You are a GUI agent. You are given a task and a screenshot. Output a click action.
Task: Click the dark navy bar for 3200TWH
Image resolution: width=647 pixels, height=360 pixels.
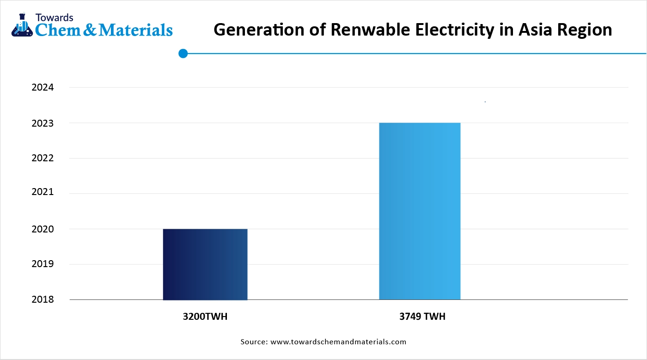tap(205, 264)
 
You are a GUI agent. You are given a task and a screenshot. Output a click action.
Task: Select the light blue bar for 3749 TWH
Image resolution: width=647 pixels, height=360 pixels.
tap(420, 211)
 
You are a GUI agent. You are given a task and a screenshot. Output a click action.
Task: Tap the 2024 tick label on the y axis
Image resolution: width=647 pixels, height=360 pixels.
tap(43, 87)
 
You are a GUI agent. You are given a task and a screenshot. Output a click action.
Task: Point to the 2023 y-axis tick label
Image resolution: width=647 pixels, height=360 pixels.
tap(43, 123)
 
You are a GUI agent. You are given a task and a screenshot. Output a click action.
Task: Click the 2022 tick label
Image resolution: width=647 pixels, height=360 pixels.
tap(43, 158)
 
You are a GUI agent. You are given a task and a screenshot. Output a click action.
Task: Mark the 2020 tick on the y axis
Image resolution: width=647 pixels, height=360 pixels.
tap(43, 229)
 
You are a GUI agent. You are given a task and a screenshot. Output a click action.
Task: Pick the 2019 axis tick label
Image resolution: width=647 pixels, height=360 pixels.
tap(43, 264)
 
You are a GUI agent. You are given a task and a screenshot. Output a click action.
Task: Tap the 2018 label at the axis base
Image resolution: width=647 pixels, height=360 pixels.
tap(43, 299)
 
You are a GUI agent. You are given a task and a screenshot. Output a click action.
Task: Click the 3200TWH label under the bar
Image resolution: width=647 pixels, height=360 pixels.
tap(205, 317)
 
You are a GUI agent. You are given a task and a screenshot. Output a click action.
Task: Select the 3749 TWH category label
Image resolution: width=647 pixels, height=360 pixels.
tap(422, 317)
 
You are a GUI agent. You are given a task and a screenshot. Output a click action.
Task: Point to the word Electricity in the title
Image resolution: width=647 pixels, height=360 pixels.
tap(451, 30)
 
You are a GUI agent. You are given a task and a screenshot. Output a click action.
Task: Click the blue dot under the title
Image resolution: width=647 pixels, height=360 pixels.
tap(183, 54)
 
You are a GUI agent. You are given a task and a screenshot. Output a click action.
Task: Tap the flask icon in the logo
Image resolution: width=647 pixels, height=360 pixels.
tap(20, 25)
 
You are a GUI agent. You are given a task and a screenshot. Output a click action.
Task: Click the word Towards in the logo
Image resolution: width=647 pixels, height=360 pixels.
tap(54, 17)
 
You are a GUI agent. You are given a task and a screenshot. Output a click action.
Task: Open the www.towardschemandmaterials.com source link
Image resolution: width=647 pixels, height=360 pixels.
tap(338, 342)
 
